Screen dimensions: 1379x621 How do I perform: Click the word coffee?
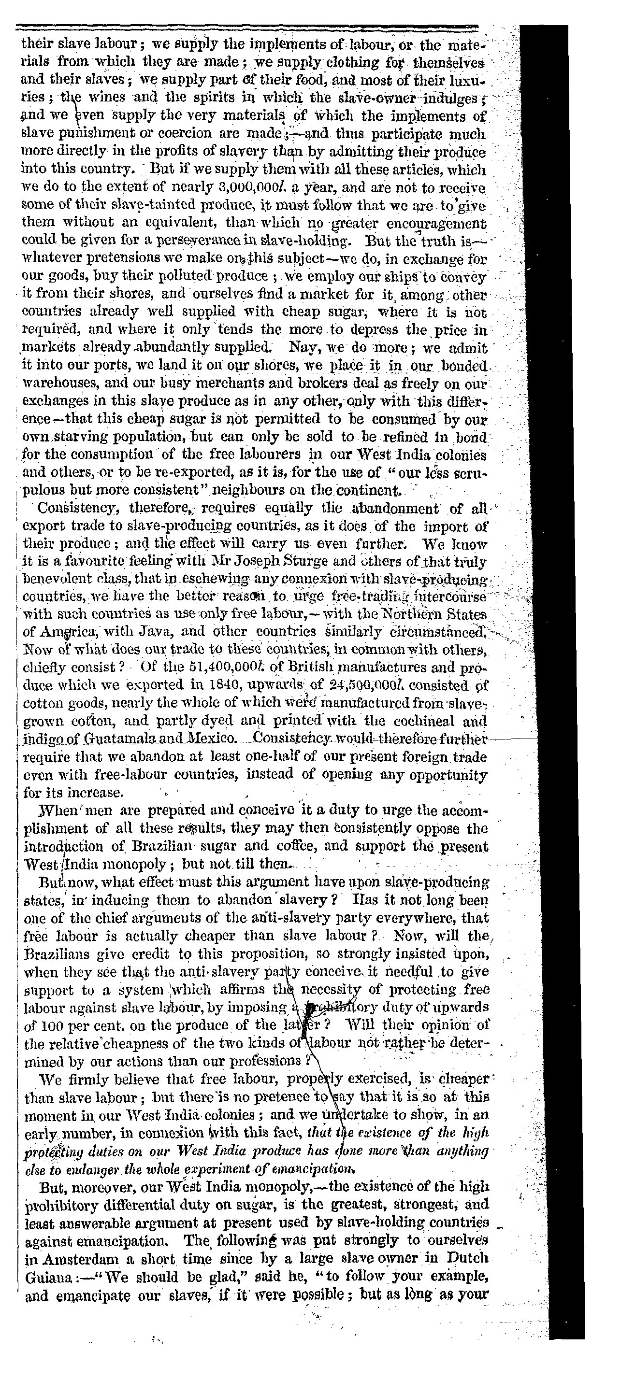coord(340,847)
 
